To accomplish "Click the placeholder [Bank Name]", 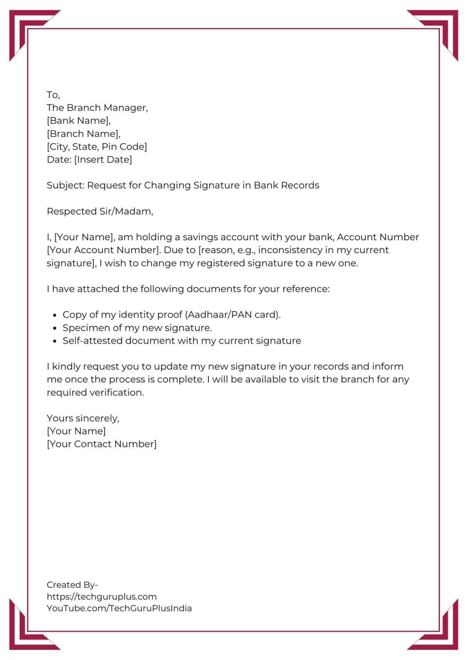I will [79, 121].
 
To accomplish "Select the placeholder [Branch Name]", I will [83, 134].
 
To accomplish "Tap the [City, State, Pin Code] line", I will [97, 147].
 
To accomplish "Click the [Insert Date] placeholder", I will [103, 160].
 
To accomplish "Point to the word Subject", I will [65, 186].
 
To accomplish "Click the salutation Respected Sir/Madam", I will [100, 211].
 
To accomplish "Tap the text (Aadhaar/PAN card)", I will [233, 315].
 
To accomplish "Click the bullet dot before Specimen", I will [55, 328].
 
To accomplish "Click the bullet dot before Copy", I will [55, 315].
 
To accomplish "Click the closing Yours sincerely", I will [83, 419].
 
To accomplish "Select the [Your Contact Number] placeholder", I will [101, 444].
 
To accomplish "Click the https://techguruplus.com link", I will [101, 597].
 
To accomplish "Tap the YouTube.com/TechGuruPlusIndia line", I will [119, 608].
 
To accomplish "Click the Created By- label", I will [72, 585].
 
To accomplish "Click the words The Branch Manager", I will [97, 108].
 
